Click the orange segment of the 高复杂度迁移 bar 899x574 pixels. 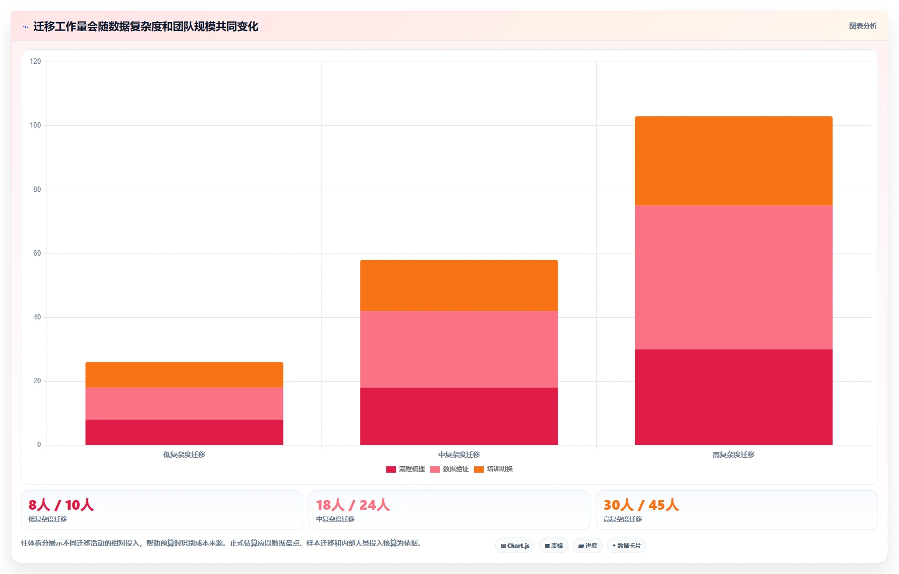pos(733,161)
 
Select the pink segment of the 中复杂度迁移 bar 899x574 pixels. pos(459,349)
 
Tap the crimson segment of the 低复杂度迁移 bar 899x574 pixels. pos(184,433)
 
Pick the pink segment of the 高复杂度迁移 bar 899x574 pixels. pos(733,278)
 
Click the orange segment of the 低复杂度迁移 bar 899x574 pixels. pos(184,375)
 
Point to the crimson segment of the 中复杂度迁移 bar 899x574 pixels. pos(459,416)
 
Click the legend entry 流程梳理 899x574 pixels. pos(406,469)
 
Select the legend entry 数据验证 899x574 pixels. pos(449,469)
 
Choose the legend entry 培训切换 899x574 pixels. pos(493,469)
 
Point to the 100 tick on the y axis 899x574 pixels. pos(35,125)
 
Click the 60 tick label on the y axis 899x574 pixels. pos(37,254)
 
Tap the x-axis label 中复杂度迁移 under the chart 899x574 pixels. pos(459,455)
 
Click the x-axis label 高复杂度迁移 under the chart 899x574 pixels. pos(733,455)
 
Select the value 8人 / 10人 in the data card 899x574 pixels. pos(61,505)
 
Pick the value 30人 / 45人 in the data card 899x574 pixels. pos(641,505)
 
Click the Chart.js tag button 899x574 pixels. pos(515,546)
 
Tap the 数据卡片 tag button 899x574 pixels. pos(626,546)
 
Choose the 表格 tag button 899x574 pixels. pos(553,546)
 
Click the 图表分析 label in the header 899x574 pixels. pos(863,26)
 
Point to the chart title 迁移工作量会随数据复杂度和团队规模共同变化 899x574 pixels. pos(146,26)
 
